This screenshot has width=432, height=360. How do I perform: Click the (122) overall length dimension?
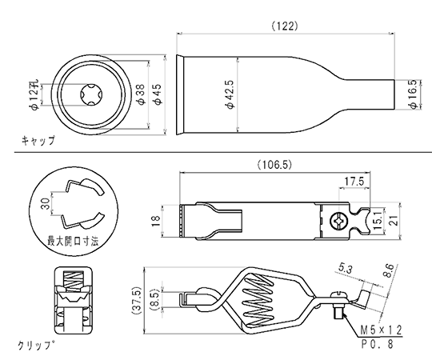[x=285, y=26]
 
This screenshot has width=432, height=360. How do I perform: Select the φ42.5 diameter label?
[x=230, y=94]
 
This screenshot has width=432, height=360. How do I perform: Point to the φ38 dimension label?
[x=141, y=94]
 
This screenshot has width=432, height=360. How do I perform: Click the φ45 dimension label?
[x=158, y=94]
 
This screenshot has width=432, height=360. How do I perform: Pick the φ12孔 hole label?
[x=34, y=95]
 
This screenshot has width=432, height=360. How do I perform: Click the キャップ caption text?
[x=38, y=141]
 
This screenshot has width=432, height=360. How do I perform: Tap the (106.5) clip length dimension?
[x=274, y=165]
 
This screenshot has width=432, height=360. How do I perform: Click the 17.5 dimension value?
[x=354, y=182]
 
